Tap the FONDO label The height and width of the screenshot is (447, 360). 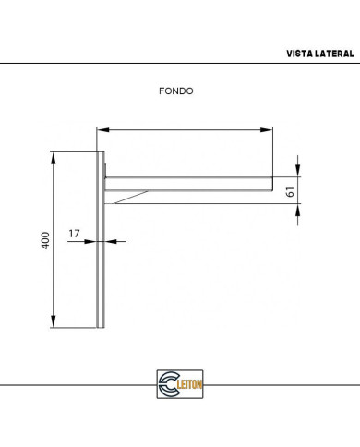point(175,91)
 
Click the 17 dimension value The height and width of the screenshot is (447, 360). point(74,233)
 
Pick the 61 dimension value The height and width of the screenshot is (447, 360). point(290,192)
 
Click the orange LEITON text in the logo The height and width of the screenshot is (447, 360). point(190,382)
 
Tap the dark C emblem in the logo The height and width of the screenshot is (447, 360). point(167,382)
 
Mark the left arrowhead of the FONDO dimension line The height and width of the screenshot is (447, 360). point(101,129)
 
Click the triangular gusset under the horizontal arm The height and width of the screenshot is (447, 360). point(129,195)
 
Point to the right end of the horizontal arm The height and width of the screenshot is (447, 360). point(271,183)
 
